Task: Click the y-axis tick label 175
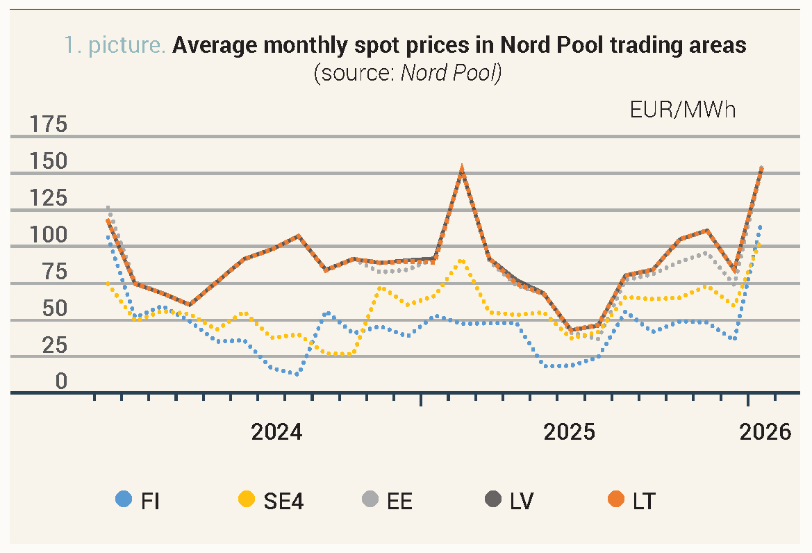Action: point(49,125)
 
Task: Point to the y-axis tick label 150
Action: point(49,162)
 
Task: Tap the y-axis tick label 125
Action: point(49,199)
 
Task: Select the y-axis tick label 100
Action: point(49,236)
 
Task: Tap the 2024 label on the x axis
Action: point(276,432)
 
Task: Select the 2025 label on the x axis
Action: point(570,432)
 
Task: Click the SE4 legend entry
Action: point(271,500)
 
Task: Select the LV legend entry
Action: point(511,500)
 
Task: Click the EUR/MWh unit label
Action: point(682,110)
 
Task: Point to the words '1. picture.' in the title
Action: point(115,46)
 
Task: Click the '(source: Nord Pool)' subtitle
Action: point(407,72)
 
